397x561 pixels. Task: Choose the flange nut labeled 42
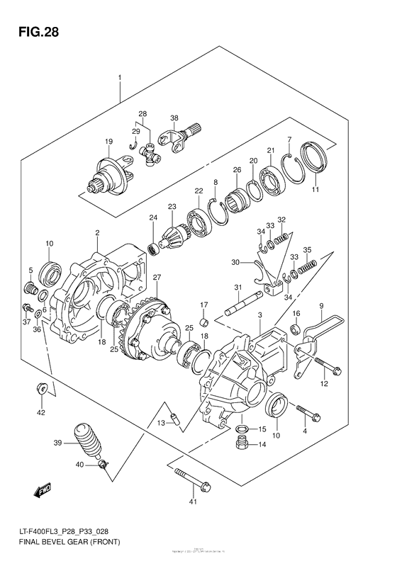coord(40,387)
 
